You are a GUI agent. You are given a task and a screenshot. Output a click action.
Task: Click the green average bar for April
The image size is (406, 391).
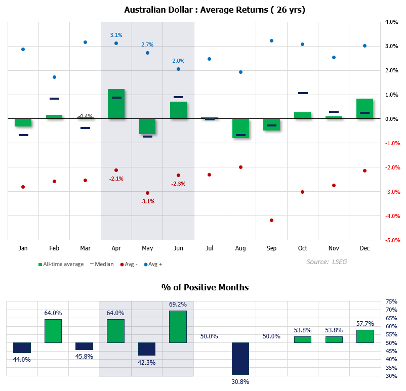pyautogui.click(x=116, y=104)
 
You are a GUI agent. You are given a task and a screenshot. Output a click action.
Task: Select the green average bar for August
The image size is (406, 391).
pyautogui.click(x=240, y=128)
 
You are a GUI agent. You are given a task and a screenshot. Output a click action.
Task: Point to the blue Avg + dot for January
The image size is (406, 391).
pyautogui.click(x=23, y=49)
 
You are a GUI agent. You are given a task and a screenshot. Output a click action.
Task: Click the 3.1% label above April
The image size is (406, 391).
pyautogui.click(x=116, y=35)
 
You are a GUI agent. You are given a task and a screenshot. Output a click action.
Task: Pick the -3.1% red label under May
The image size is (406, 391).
pyautogui.click(x=147, y=201)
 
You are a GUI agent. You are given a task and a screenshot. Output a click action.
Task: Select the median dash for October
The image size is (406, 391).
pyautogui.click(x=303, y=93)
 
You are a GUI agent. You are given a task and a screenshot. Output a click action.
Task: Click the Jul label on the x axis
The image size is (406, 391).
pyautogui.click(x=209, y=248)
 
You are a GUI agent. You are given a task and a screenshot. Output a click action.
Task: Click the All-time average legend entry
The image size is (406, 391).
pyautogui.click(x=61, y=264)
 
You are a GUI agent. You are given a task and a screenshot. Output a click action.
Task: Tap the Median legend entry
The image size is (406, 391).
pyautogui.click(x=102, y=264)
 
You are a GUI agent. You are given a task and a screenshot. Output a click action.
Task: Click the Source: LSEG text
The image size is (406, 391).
pyautogui.click(x=327, y=262)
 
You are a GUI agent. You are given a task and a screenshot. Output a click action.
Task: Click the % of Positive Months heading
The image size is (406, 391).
pyautogui.click(x=205, y=287)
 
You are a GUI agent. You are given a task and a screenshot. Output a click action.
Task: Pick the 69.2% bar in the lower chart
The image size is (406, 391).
pyautogui.click(x=178, y=327)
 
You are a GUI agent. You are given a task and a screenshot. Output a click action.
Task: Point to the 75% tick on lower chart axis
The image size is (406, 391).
pyautogui.click(x=391, y=301)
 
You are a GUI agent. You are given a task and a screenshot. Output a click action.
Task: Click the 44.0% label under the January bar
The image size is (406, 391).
pyautogui.click(x=22, y=360)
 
